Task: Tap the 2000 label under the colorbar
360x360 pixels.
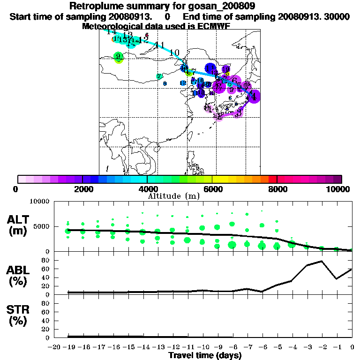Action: [82, 189]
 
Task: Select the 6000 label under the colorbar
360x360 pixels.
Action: [212, 189]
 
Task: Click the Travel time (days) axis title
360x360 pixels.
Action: [205, 356]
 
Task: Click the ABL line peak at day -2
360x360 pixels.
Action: [322, 261]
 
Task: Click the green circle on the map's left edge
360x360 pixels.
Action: [119, 58]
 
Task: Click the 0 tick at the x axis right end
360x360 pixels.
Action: [352, 347]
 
